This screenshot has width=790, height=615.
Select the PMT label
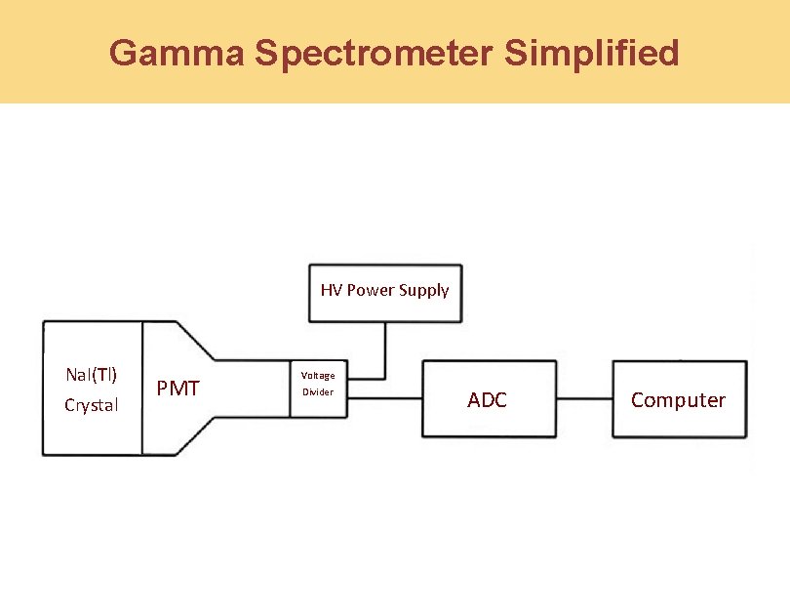pyautogui.click(x=178, y=389)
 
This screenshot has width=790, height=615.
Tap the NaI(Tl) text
pyautogui.click(x=91, y=375)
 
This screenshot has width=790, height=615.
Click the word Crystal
pyautogui.click(x=91, y=405)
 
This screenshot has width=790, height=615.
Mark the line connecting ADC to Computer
pyautogui.click(x=582, y=398)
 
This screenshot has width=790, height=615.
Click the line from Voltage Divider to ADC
pyautogui.click(x=383, y=397)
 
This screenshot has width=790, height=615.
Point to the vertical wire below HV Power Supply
pyautogui.click(x=385, y=349)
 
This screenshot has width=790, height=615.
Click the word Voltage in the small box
pyautogui.click(x=317, y=376)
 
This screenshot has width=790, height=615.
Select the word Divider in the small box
pyautogui.click(x=317, y=392)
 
